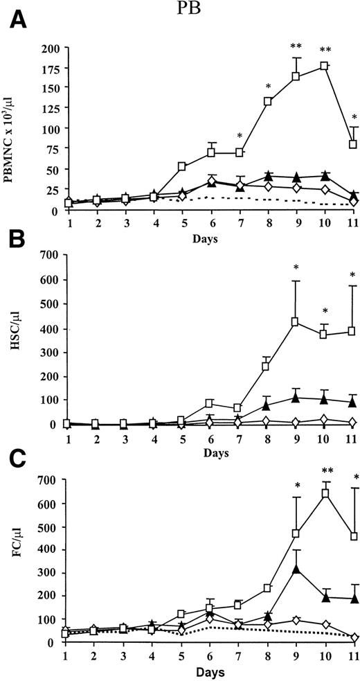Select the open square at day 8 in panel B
[266, 367]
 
